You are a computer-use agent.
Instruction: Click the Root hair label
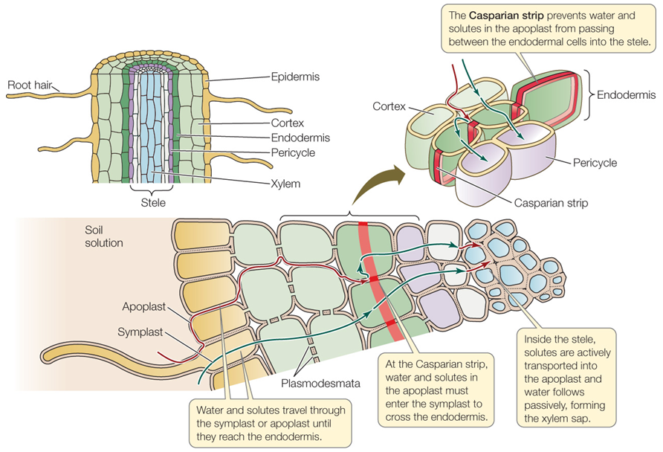pyautogui.click(x=29, y=85)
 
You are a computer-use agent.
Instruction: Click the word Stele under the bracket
pyautogui.click(x=154, y=201)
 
